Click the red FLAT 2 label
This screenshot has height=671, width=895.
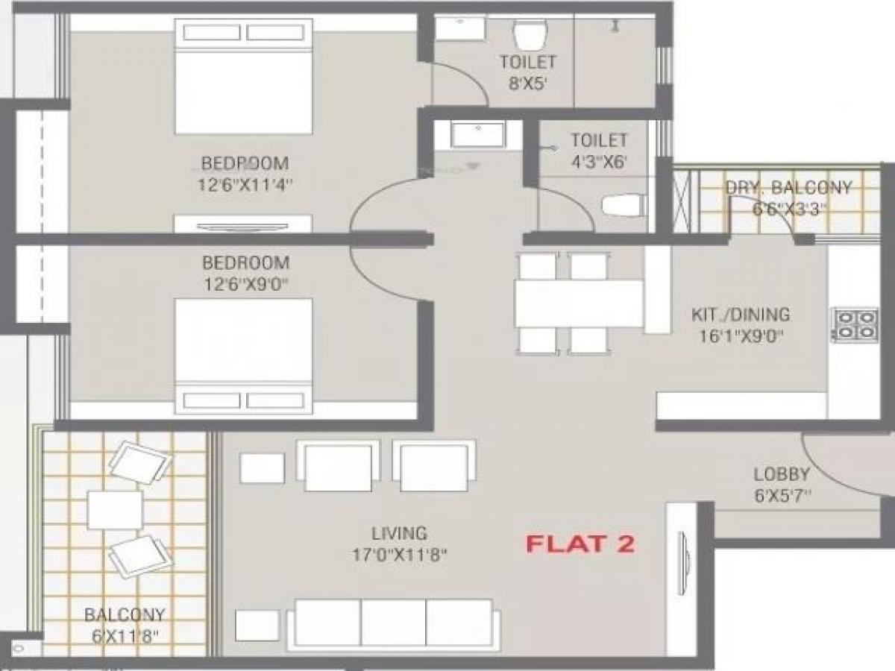tap(580, 544)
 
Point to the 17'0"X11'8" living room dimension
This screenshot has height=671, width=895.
tap(400, 555)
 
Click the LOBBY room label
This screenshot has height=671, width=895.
tap(781, 473)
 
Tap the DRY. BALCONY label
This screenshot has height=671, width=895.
tap(788, 188)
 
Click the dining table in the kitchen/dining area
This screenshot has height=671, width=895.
tap(579, 303)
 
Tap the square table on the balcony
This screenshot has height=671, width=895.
tap(115, 509)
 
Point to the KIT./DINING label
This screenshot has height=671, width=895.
tap(740, 315)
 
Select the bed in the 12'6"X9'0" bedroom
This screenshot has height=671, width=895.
tap(243, 354)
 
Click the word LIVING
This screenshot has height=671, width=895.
tap(400, 534)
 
